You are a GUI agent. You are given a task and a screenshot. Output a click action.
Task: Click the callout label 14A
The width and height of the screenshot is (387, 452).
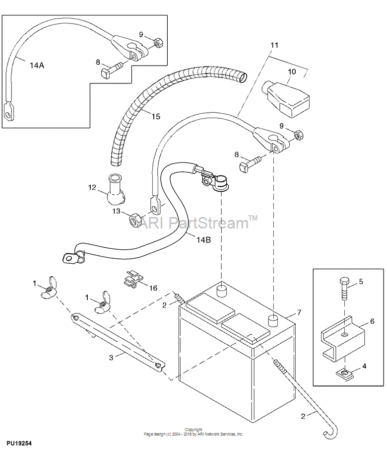(x=37, y=66)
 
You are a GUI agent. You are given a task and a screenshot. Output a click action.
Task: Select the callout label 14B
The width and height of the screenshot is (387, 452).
(x=203, y=239)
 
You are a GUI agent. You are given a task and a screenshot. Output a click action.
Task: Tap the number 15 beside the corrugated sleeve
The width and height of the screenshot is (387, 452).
(x=155, y=116)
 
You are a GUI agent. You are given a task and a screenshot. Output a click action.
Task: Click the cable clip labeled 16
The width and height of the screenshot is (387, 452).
(x=133, y=279)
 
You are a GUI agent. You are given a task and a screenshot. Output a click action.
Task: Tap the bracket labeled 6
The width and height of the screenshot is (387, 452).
(x=343, y=339)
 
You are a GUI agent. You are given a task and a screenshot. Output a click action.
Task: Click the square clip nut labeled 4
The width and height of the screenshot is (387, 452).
(x=344, y=374)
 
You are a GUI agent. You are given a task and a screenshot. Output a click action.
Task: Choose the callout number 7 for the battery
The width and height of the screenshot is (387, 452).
(x=299, y=312)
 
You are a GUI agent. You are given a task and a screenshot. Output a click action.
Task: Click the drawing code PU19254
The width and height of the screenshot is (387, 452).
(x=19, y=443)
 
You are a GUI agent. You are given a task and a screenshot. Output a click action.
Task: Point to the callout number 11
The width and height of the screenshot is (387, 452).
(x=274, y=45)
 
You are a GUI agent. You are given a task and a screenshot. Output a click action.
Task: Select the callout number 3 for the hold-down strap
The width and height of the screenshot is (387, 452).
(x=111, y=358)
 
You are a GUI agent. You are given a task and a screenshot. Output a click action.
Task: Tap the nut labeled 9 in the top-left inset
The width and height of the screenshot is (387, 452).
(x=157, y=43)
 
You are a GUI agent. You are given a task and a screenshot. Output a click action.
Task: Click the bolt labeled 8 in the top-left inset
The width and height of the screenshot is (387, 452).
(x=112, y=68)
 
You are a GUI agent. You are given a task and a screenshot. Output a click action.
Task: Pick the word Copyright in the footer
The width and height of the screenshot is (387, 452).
(x=193, y=430)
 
